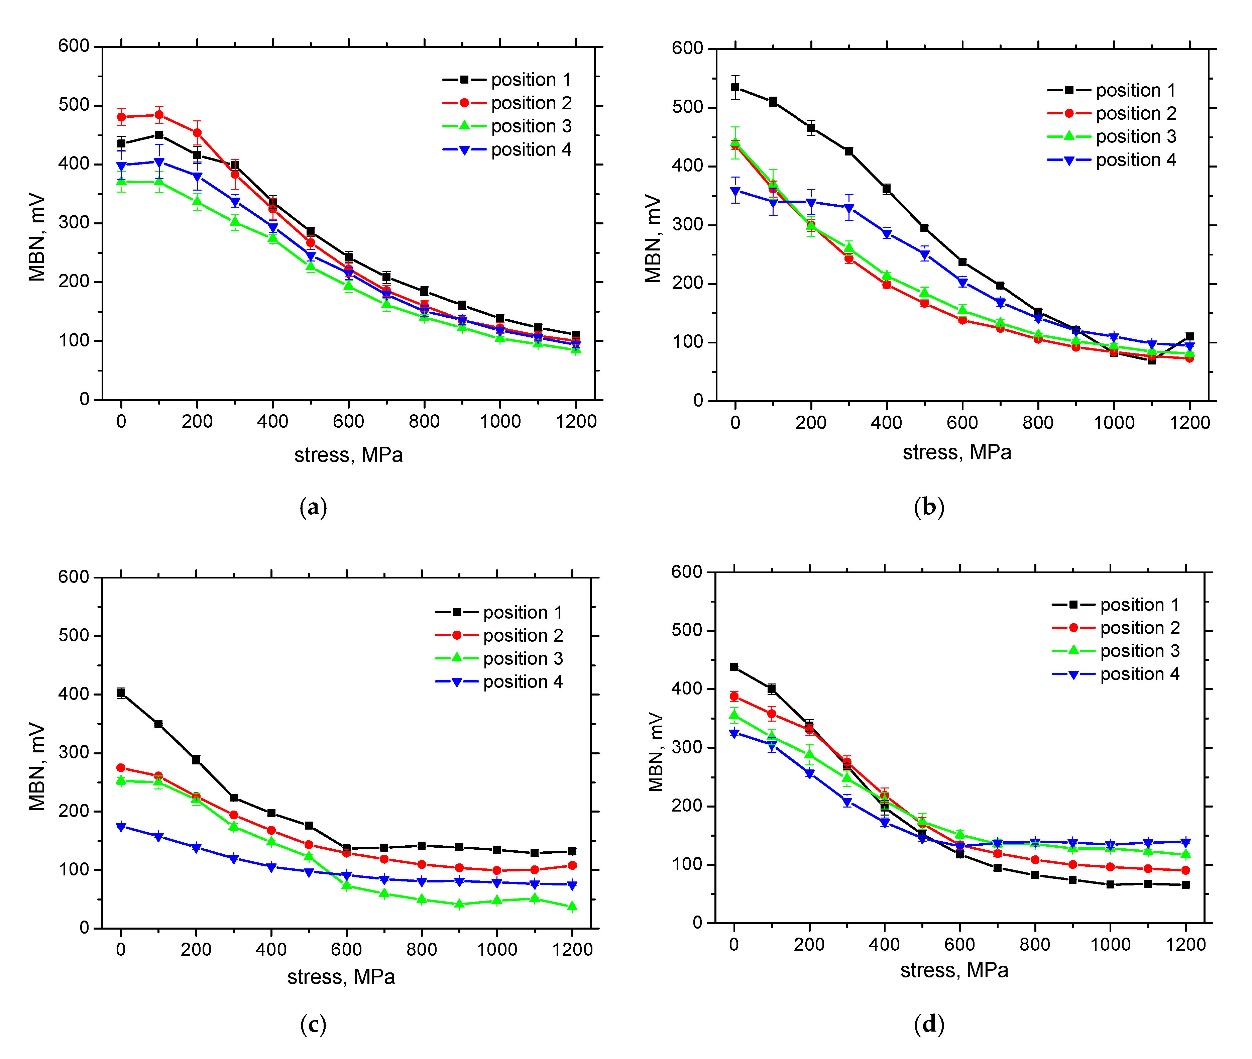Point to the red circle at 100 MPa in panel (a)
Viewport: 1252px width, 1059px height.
(x=159, y=115)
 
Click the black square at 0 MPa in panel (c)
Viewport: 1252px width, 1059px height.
(x=121, y=694)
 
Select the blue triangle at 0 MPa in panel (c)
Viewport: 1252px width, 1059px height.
(x=121, y=827)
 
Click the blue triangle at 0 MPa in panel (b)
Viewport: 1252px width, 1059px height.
(x=735, y=192)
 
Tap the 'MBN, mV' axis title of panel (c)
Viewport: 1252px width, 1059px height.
(x=37, y=767)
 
